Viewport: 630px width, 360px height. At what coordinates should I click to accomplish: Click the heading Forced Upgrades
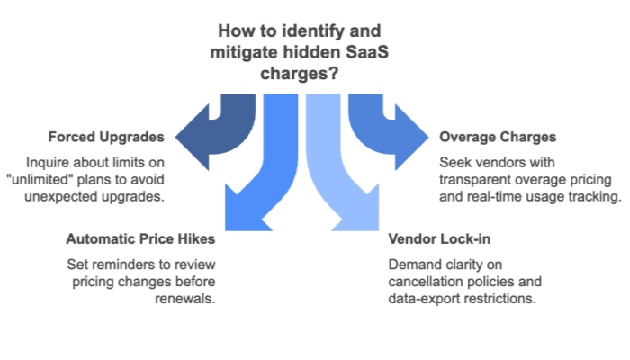(x=106, y=138)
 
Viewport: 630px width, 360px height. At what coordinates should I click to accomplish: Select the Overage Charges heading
(x=498, y=138)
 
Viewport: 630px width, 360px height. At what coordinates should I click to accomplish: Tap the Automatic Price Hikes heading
(x=141, y=240)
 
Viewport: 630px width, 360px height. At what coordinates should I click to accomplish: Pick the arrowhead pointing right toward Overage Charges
(x=416, y=138)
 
